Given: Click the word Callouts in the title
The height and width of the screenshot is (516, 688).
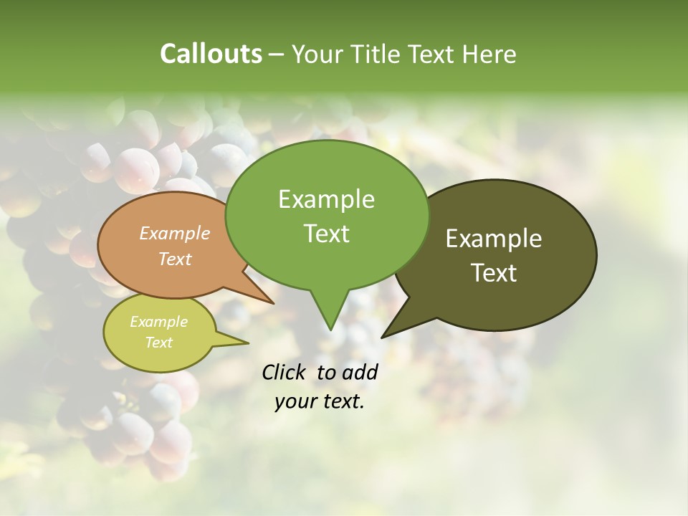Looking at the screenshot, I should point(211,54).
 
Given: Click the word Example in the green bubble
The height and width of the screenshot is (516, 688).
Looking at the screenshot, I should point(326,199).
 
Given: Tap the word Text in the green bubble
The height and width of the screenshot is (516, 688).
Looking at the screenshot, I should point(327,234).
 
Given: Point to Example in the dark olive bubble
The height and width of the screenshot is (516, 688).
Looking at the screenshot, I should point(494,239).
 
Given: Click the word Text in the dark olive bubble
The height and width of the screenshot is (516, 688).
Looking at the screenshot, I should point(494,273).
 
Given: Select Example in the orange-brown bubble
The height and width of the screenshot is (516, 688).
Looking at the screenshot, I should point(175,233).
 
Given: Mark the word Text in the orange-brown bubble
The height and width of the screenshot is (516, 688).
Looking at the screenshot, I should point(175,259).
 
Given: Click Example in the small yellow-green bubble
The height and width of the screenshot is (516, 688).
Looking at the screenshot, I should point(158,322).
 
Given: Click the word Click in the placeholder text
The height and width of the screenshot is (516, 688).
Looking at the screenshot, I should point(286,372).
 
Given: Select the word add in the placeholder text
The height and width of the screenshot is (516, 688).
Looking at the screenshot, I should point(360,372).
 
